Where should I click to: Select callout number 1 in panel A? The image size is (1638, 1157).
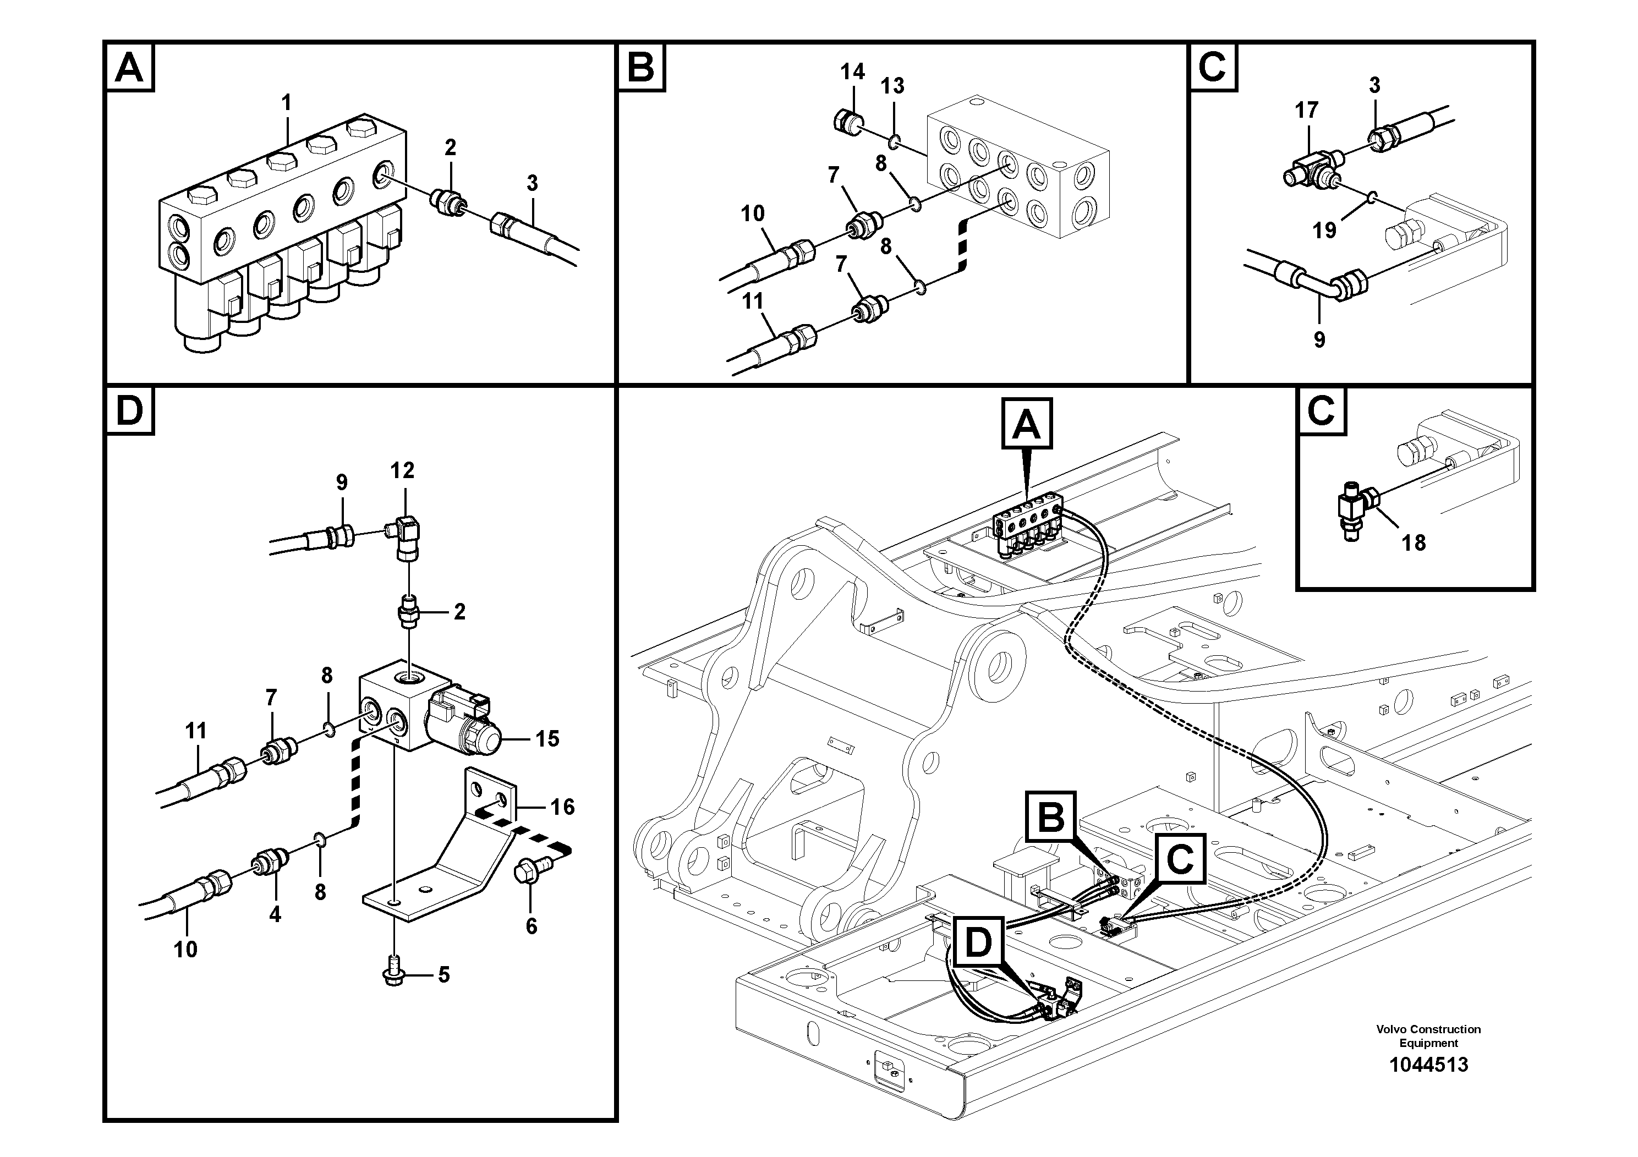[286, 103]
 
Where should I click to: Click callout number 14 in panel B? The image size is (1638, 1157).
[852, 72]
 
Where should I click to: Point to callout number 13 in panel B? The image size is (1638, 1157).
[892, 86]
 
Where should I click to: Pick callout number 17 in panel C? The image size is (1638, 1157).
[1306, 110]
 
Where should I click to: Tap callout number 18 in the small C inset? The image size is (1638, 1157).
[1414, 543]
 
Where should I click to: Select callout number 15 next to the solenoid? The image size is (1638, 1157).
[547, 738]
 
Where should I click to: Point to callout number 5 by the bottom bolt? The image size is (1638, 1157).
[443, 974]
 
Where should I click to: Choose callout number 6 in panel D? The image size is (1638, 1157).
[531, 926]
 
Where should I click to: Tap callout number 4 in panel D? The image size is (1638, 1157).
[275, 914]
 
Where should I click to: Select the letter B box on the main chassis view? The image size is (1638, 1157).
[1051, 818]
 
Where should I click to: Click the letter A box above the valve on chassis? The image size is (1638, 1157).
[1027, 425]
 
